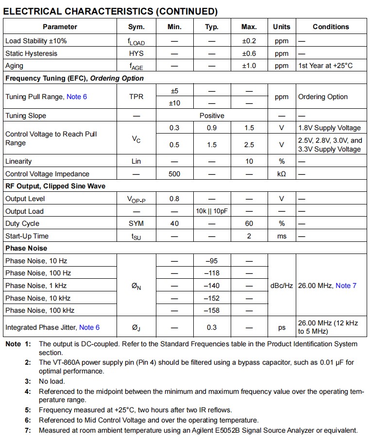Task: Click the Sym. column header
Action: click(136, 27)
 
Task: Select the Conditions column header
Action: click(330, 27)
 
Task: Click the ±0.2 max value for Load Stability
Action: click(249, 41)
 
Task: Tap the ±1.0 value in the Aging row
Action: click(249, 66)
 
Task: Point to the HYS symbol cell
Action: click(136, 53)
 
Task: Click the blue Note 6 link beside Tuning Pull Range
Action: click(77, 97)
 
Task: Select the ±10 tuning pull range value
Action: click(174, 103)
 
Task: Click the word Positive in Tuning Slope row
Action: click(212, 116)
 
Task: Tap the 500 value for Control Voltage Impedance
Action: click(174, 174)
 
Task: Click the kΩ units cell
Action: click(281, 174)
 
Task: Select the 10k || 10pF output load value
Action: click(212, 211)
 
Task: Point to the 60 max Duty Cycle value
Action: click(249, 223)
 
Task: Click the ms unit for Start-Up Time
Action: click(281, 236)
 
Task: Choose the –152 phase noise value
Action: click(212, 298)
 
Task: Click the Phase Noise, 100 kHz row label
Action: click(40, 310)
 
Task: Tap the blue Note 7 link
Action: click(346, 286)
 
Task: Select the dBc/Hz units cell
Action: click(281, 286)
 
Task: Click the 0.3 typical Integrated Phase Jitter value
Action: click(212, 327)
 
